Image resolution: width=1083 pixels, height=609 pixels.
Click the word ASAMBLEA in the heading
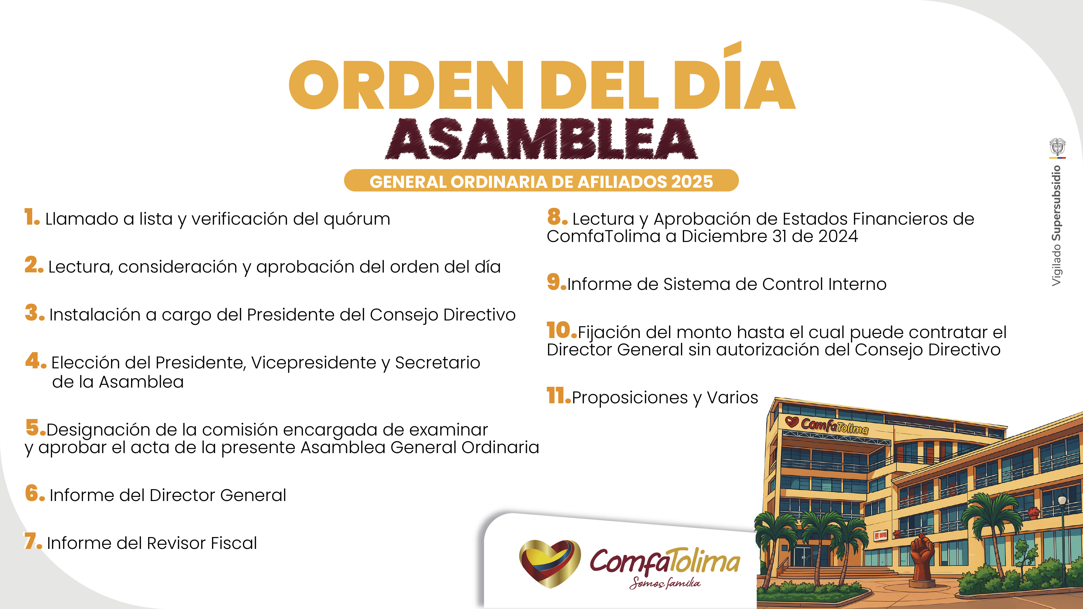click(x=541, y=139)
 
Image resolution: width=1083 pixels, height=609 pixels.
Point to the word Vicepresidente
click(x=313, y=363)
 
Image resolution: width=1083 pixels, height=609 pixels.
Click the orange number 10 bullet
click(x=562, y=330)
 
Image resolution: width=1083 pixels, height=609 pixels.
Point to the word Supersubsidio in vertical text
click(x=1056, y=203)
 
